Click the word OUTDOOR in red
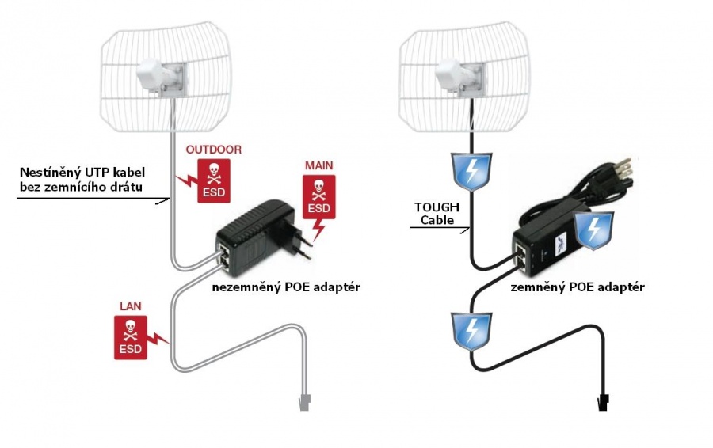[x=214, y=150]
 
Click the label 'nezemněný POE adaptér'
[x=286, y=287]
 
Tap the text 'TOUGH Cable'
[x=437, y=214]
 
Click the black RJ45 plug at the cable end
[x=603, y=402]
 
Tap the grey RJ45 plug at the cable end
[x=303, y=403]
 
